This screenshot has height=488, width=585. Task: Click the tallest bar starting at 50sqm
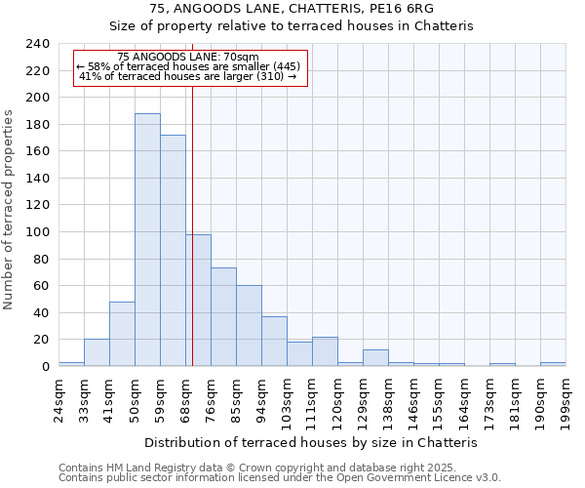[147, 240]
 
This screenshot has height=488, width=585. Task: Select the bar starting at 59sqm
[173, 251]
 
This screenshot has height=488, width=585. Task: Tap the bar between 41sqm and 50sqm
[122, 334]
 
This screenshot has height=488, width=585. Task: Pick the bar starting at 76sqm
[223, 317]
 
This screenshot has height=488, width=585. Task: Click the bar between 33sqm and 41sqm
[97, 352]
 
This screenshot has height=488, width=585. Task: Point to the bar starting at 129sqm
[375, 357]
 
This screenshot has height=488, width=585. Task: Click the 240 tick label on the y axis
[37, 44]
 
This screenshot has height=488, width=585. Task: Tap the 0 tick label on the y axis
[45, 367]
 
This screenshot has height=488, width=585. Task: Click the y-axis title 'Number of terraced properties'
[10, 210]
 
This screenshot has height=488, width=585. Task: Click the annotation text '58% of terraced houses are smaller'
[190, 66]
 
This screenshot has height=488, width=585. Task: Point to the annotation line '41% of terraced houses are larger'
[187, 76]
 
